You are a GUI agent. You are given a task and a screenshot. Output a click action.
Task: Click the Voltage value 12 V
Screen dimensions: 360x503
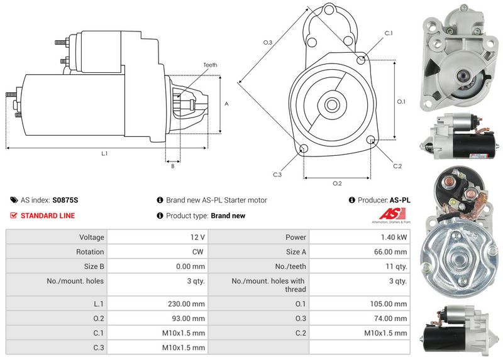pos(197,237)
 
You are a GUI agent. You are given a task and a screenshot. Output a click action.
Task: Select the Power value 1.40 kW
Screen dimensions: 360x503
pos(393,237)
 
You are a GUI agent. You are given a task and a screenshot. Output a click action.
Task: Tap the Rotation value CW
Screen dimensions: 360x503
pos(199,252)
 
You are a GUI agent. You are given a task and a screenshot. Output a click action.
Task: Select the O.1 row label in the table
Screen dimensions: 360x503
pos(301,304)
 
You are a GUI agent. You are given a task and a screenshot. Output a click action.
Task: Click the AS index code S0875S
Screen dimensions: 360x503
pos(65,200)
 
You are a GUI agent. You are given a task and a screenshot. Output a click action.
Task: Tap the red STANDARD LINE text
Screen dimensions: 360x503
pos(48,215)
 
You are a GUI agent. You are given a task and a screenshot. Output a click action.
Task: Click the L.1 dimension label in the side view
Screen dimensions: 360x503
pos(104,154)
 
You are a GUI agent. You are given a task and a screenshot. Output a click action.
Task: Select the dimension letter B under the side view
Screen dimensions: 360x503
pos(172,166)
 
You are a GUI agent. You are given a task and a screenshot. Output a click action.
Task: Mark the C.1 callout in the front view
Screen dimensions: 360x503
pos(388,33)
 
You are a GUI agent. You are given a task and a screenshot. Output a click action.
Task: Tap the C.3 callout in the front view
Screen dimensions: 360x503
pos(277,174)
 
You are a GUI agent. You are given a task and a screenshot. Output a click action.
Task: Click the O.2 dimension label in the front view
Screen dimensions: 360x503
pos(337,183)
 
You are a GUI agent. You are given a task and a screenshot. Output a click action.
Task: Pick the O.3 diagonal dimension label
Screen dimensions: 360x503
pos(267,43)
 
